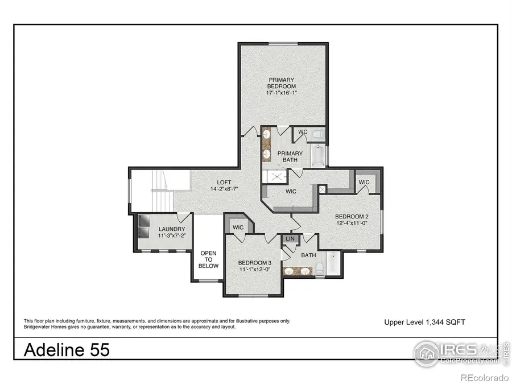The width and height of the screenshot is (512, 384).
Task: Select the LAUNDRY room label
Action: click(171, 229)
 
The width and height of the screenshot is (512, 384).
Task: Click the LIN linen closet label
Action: click(290, 240)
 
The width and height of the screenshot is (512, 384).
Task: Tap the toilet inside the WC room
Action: click(319, 135)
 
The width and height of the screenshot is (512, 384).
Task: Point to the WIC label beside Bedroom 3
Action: click(238, 227)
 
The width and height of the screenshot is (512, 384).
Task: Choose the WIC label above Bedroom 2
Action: click(364, 182)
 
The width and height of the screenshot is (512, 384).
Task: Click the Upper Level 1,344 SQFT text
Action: click(424, 322)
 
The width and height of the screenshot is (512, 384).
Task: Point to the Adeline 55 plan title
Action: click(67, 350)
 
